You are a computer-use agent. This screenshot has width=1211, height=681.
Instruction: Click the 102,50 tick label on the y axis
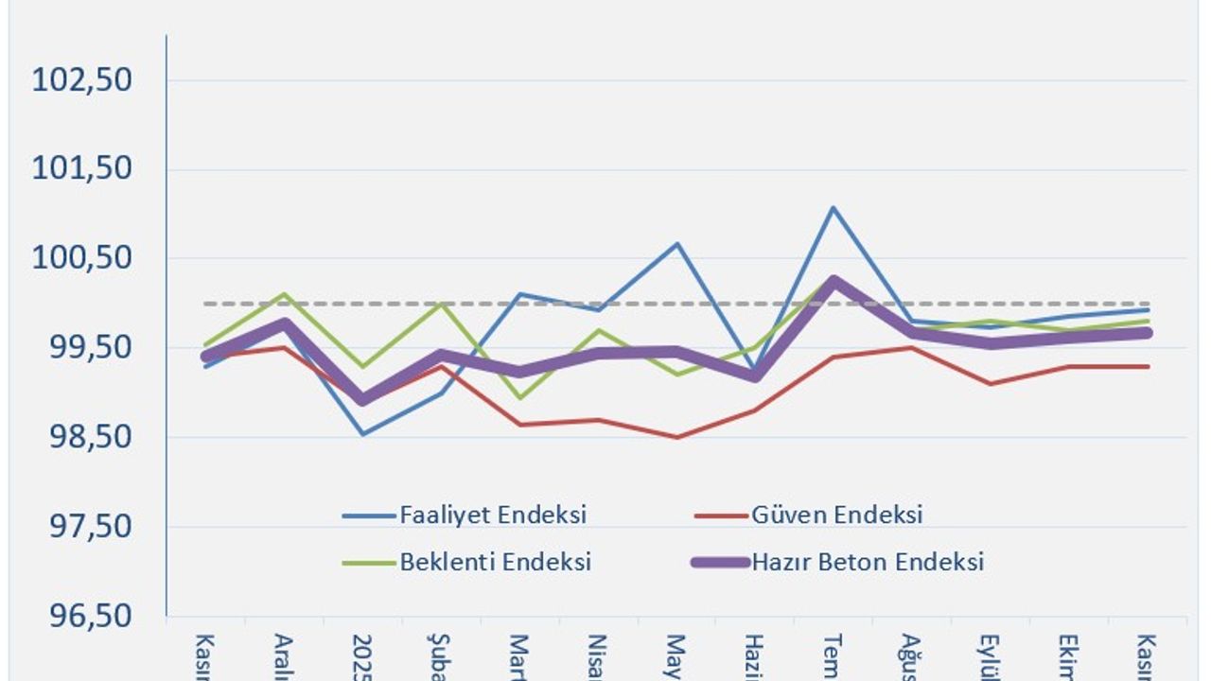[x=82, y=79]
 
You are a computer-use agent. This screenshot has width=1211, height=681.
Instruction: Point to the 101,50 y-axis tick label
[x=82, y=169]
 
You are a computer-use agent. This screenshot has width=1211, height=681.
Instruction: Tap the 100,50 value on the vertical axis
[x=82, y=258]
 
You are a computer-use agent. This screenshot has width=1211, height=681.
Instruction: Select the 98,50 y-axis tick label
[x=82, y=437]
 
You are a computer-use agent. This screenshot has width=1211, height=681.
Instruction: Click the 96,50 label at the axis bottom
[x=82, y=616]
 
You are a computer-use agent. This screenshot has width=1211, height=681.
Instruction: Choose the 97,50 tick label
[x=82, y=527]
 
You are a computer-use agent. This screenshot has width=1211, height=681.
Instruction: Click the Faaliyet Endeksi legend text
[x=493, y=515]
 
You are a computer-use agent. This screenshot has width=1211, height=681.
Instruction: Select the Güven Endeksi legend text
[x=837, y=515]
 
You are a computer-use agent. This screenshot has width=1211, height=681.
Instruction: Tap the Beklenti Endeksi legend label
[x=496, y=562]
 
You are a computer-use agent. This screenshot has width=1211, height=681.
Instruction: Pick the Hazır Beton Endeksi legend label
[x=868, y=562]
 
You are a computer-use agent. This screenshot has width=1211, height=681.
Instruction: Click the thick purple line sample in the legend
[x=718, y=562]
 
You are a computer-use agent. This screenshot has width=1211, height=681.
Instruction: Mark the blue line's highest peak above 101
[x=833, y=207]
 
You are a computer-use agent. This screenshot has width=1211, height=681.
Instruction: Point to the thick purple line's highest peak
[x=833, y=280]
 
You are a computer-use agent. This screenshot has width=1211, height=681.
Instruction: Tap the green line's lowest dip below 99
[x=519, y=397]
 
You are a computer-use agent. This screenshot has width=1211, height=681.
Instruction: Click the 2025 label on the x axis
[x=362, y=655]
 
